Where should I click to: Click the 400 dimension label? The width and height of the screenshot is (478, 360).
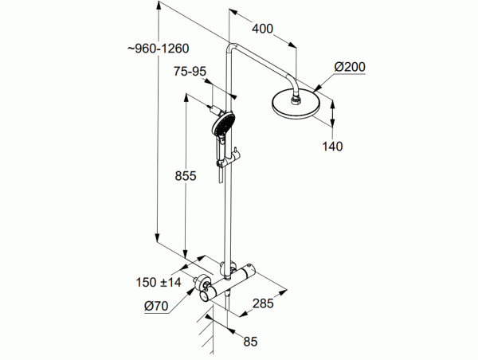262,29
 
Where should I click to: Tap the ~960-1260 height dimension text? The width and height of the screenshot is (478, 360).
159,49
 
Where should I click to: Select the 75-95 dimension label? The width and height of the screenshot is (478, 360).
190,72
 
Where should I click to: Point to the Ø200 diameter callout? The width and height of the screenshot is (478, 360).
350,67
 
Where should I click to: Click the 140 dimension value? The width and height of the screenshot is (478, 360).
332,147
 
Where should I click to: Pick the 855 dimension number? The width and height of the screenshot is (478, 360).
186,176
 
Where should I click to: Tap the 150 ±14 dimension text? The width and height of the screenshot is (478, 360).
159,282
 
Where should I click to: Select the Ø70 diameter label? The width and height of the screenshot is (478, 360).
156,306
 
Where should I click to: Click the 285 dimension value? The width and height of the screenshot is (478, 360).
263,303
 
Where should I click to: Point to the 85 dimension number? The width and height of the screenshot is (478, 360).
250,342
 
